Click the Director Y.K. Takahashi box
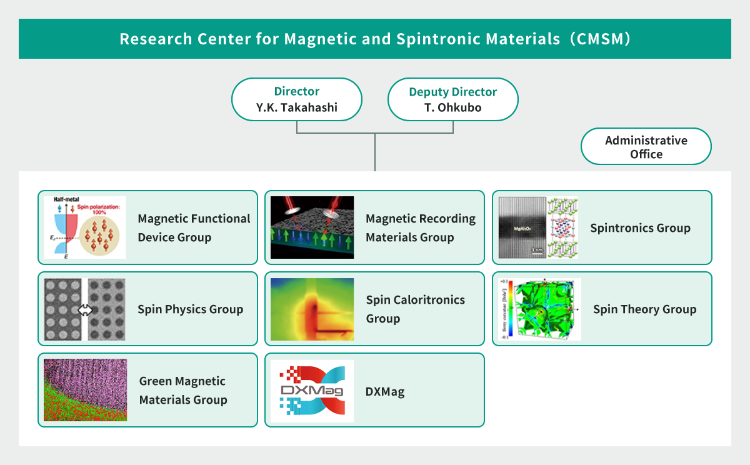[x=297, y=99]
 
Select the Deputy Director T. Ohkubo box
[x=452, y=99]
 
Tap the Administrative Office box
[x=646, y=147]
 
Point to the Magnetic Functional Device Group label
[x=194, y=227]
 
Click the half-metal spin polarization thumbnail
[x=84, y=227]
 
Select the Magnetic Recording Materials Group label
[x=421, y=227]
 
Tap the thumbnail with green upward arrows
[x=312, y=227]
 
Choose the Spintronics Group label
[x=640, y=227]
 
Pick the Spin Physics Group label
[x=190, y=309]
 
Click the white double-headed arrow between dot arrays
[x=85, y=310]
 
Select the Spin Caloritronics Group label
[x=415, y=309]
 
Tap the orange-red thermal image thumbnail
[x=312, y=309]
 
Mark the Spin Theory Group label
[x=644, y=309]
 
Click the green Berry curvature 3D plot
[x=539, y=309]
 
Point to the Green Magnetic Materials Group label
[x=182, y=390]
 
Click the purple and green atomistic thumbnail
[x=85, y=390]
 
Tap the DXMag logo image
[x=312, y=391]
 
